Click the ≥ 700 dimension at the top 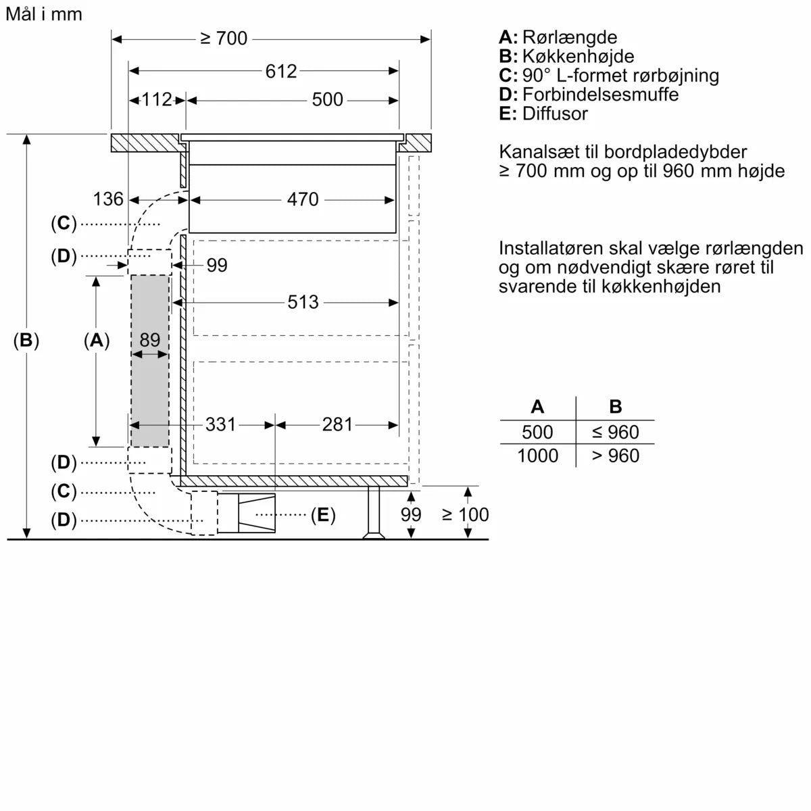point(224,39)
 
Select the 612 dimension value point(280,71)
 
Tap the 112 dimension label point(157,100)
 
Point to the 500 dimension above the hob point(328,100)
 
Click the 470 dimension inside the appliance point(302,199)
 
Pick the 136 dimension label point(108,199)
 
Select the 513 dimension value point(302,302)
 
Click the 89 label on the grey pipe point(149,339)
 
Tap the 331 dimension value point(220,424)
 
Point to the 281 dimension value point(337,424)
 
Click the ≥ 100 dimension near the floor point(465,515)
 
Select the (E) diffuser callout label point(323,516)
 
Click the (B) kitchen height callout point(26,341)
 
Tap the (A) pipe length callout point(97,341)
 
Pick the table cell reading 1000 point(537,456)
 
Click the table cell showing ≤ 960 point(614,432)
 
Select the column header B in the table point(615,407)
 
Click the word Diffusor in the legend point(555,114)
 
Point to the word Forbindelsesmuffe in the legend point(600,95)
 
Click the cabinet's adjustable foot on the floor point(373,514)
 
